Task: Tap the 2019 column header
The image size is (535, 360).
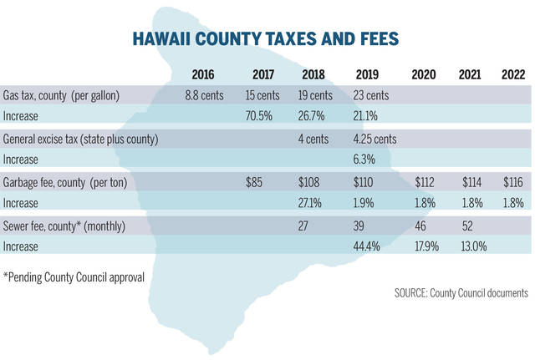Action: tap(367, 74)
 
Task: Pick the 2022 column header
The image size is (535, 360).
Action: tap(513, 74)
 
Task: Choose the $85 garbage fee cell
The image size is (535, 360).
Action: tap(256, 181)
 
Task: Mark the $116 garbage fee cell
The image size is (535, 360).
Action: tap(513, 181)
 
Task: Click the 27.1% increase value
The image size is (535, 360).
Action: tap(314, 201)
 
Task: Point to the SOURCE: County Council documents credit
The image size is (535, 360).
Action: tap(461, 293)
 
